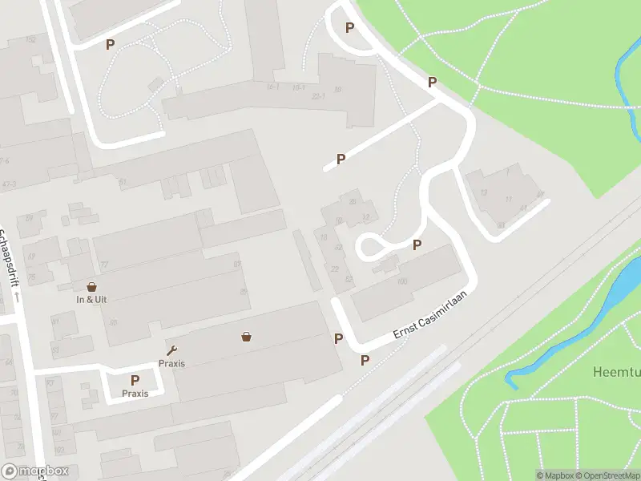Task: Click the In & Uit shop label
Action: coord(91,299)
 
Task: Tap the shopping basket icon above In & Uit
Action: coord(91,286)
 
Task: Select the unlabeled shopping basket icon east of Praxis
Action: coord(246,337)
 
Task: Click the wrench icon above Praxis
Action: coord(171,350)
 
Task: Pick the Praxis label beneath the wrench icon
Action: coord(171,363)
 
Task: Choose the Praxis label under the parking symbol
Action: coord(135,394)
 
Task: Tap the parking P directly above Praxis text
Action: coord(135,380)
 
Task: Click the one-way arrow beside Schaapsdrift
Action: coord(16,297)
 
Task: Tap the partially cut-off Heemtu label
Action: coord(616,372)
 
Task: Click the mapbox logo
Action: coord(35,471)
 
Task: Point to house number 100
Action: coord(402,281)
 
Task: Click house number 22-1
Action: coord(318,95)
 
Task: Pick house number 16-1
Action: coord(272,87)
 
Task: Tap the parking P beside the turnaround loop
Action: coord(417,245)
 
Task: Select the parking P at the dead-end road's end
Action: coord(341,159)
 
